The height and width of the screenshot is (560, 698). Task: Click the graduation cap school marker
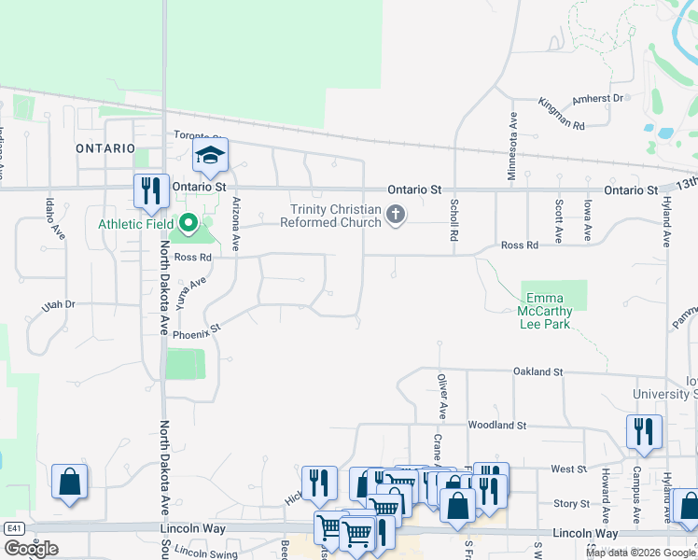pos(211,156)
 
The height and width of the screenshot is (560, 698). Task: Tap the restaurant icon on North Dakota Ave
pos(151,191)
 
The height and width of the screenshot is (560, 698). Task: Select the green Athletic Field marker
pos(188,223)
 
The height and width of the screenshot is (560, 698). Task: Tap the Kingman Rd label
pos(562,113)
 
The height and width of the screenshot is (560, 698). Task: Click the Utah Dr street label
pos(57,305)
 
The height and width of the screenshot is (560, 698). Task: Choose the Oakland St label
pos(537,371)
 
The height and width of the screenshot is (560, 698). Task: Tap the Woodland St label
pos(497,425)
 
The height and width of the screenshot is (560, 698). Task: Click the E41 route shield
pos(13,528)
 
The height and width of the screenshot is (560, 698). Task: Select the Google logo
pos(31,549)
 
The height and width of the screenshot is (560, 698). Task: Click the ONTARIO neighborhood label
pos(105,148)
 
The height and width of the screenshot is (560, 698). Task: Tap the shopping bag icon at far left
pos(69,482)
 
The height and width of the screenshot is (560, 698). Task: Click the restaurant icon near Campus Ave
pos(644,431)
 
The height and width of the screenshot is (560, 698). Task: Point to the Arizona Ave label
pos(236,224)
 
